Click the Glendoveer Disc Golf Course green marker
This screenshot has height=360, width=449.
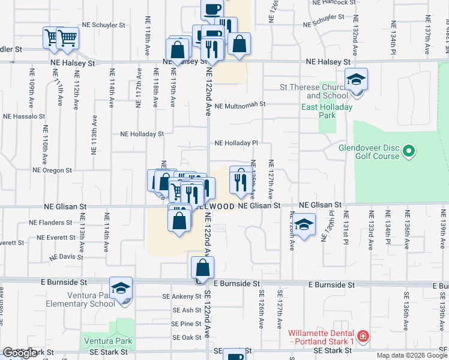409,151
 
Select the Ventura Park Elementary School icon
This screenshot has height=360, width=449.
121,289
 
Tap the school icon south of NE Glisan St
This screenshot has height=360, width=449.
304,225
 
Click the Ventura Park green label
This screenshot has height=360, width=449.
108,341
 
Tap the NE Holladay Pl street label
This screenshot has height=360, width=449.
237,143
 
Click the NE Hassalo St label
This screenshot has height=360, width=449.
24,116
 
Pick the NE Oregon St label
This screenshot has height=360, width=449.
53,170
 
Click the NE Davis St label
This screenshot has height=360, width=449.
66,256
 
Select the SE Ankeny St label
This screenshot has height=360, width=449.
178,296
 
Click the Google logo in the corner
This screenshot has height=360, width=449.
20,353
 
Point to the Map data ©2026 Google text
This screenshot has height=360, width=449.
411,355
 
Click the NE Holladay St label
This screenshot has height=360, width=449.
142,134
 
